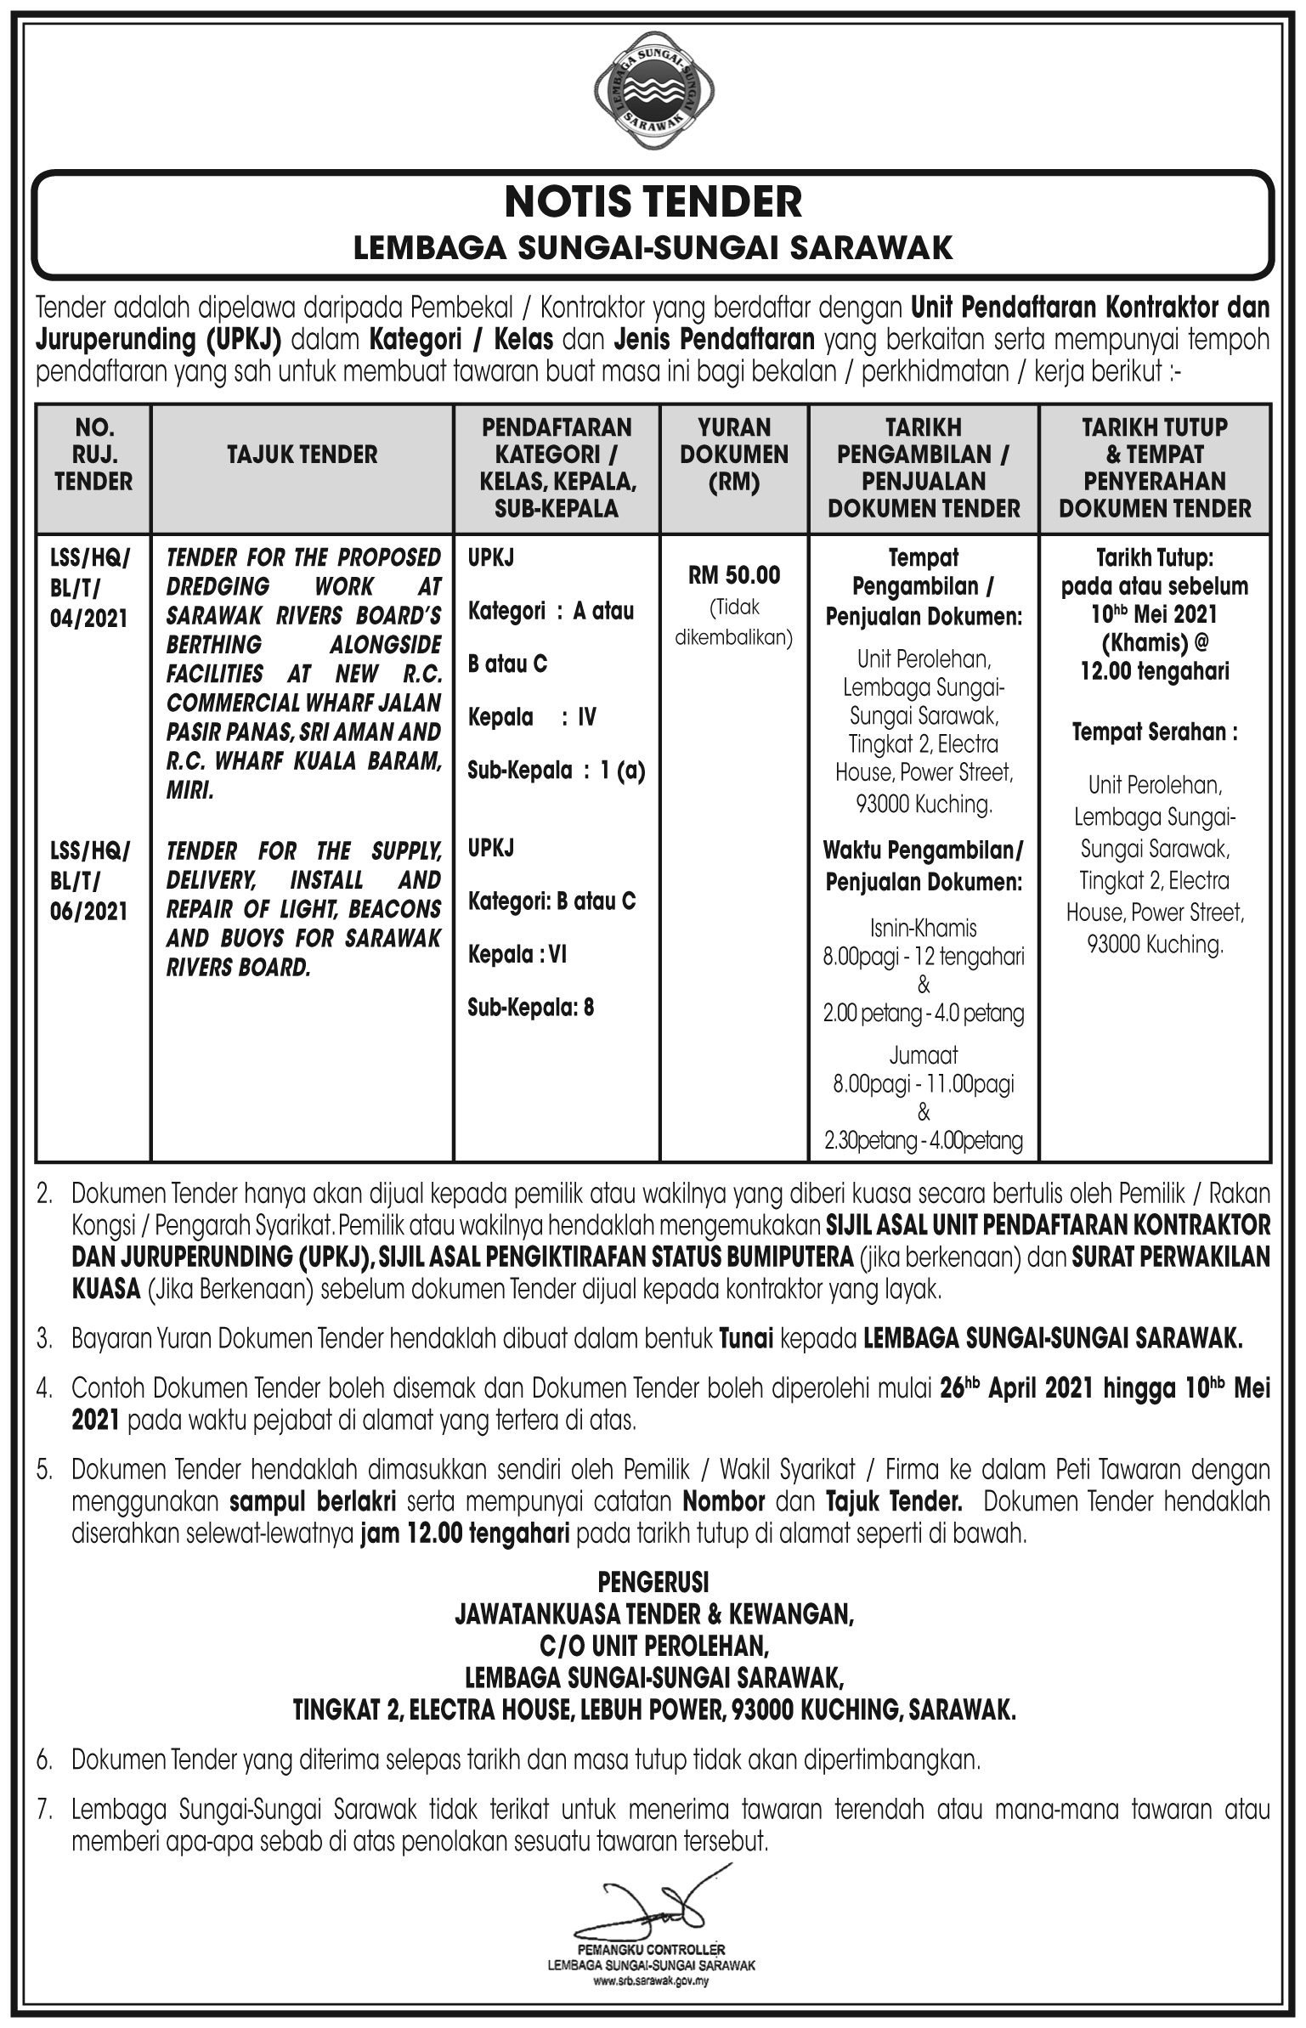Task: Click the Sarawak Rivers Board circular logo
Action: click(653, 96)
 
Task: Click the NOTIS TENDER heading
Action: click(653, 202)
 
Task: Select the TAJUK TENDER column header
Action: click(302, 455)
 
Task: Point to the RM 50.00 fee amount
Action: click(734, 575)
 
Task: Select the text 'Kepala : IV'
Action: click(532, 718)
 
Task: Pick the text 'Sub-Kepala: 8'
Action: click(530, 1008)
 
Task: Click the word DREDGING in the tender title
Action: click(218, 587)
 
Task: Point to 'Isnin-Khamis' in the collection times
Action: click(923, 929)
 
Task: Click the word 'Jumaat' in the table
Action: click(923, 1056)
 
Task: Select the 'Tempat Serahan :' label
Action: click(1155, 732)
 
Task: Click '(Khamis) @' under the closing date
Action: click(1155, 643)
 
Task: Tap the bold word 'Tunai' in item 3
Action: click(745, 1340)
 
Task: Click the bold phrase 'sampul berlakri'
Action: click(313, 1501)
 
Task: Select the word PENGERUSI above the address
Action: click(653, 1583)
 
